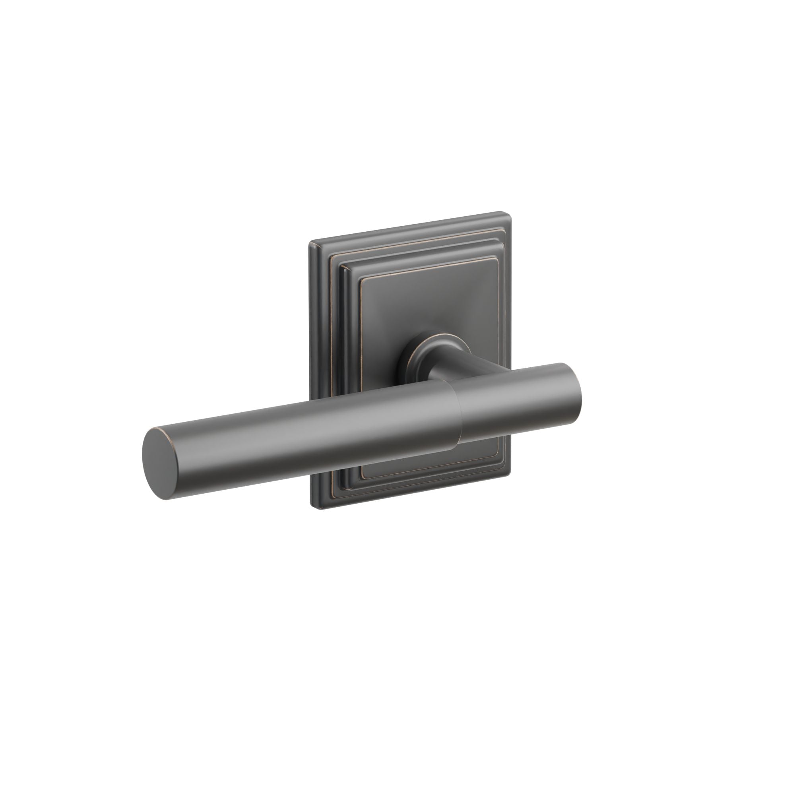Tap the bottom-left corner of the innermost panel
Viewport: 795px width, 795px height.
(x=362, y=479)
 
